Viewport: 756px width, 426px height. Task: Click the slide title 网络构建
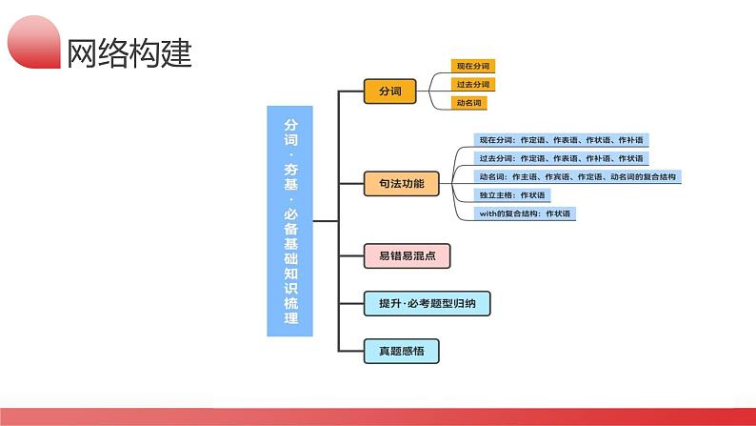[x=129, y=52]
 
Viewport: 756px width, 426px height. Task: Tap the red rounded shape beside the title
[x=33, y=42]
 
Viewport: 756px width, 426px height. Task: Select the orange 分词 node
[x=389, y=91]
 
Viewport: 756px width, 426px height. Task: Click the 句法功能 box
[x=401, y=183]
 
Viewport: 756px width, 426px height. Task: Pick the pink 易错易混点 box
[x=407, y=255]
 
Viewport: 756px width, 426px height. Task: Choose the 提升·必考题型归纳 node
[x=427, y=303]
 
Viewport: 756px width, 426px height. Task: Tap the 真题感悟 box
[x=401, y=351]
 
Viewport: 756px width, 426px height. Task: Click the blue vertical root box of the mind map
[x=289, y=221]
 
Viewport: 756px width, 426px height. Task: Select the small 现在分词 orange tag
[x=473, y=66]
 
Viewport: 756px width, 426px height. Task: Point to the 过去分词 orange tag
[x=473, y=85]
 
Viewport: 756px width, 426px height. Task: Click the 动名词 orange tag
[x=469, y=103]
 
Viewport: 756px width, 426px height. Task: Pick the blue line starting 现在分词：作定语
[x=561, y=140]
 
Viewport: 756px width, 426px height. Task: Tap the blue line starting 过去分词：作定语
[x=561, y=158]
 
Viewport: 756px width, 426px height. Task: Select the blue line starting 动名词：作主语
[x=578, y=176]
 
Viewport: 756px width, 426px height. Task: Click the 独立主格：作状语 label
[x=512, y=195]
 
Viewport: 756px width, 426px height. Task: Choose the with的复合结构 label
[x=525, y=213]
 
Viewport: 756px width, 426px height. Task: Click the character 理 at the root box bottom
[x=290, y=318]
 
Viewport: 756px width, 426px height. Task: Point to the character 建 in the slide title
[x=177, y=52]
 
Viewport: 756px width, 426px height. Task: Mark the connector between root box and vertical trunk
[x=326, y=221]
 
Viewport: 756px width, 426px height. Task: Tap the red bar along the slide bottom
[x=378, y=416]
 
